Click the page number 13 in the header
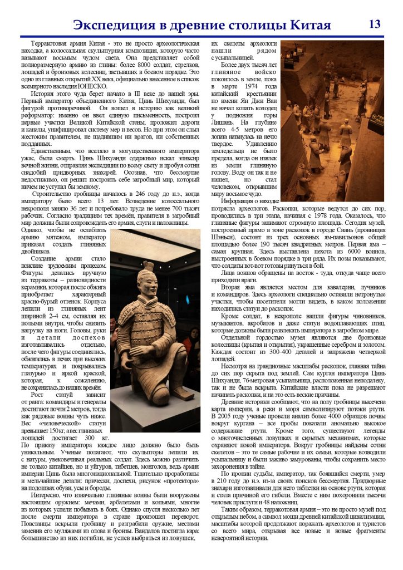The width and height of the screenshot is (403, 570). pos(375,24)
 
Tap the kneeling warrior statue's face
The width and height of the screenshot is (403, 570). pos(149,288)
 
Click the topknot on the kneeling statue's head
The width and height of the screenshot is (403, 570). pos(148,267)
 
